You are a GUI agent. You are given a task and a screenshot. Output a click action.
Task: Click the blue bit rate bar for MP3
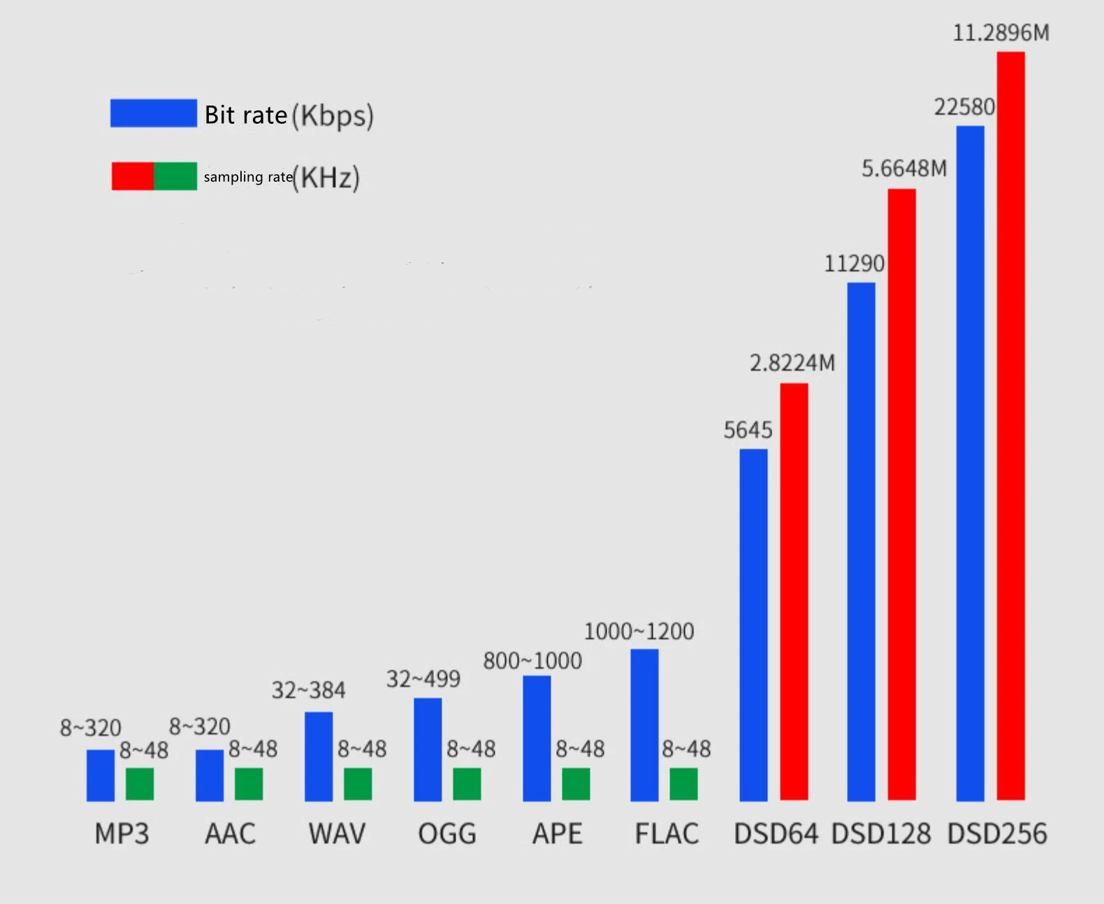101,775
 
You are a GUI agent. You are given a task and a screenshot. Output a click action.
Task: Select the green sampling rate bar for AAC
249,784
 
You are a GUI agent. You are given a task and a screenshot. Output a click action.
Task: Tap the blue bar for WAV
319,756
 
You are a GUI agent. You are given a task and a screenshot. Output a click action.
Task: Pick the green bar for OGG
467,784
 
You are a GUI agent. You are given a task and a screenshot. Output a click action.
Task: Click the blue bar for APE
537,738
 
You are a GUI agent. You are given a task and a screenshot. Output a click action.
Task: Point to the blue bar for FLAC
644,725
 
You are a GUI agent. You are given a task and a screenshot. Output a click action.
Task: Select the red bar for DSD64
794,592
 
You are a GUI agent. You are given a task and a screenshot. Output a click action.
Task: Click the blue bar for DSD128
861,542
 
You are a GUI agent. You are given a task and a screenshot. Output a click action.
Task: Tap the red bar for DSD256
1011,426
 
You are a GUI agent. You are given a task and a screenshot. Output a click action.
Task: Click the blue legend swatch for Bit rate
154,113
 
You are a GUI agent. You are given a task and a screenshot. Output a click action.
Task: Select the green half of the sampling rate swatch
175,176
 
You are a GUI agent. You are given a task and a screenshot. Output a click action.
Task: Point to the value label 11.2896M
1001,32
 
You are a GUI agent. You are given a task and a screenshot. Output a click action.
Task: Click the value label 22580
965,107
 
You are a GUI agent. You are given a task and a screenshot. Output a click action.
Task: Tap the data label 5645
748,430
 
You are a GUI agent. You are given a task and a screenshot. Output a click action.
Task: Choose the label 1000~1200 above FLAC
639,631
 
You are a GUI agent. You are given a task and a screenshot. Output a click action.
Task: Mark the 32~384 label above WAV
308,690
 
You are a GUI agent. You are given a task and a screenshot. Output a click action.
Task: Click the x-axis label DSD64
776,833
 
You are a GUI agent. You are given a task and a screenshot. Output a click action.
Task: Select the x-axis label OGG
447,833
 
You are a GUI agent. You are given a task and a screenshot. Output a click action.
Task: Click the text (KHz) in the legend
326,178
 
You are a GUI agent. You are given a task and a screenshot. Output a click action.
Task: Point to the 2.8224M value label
792,362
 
